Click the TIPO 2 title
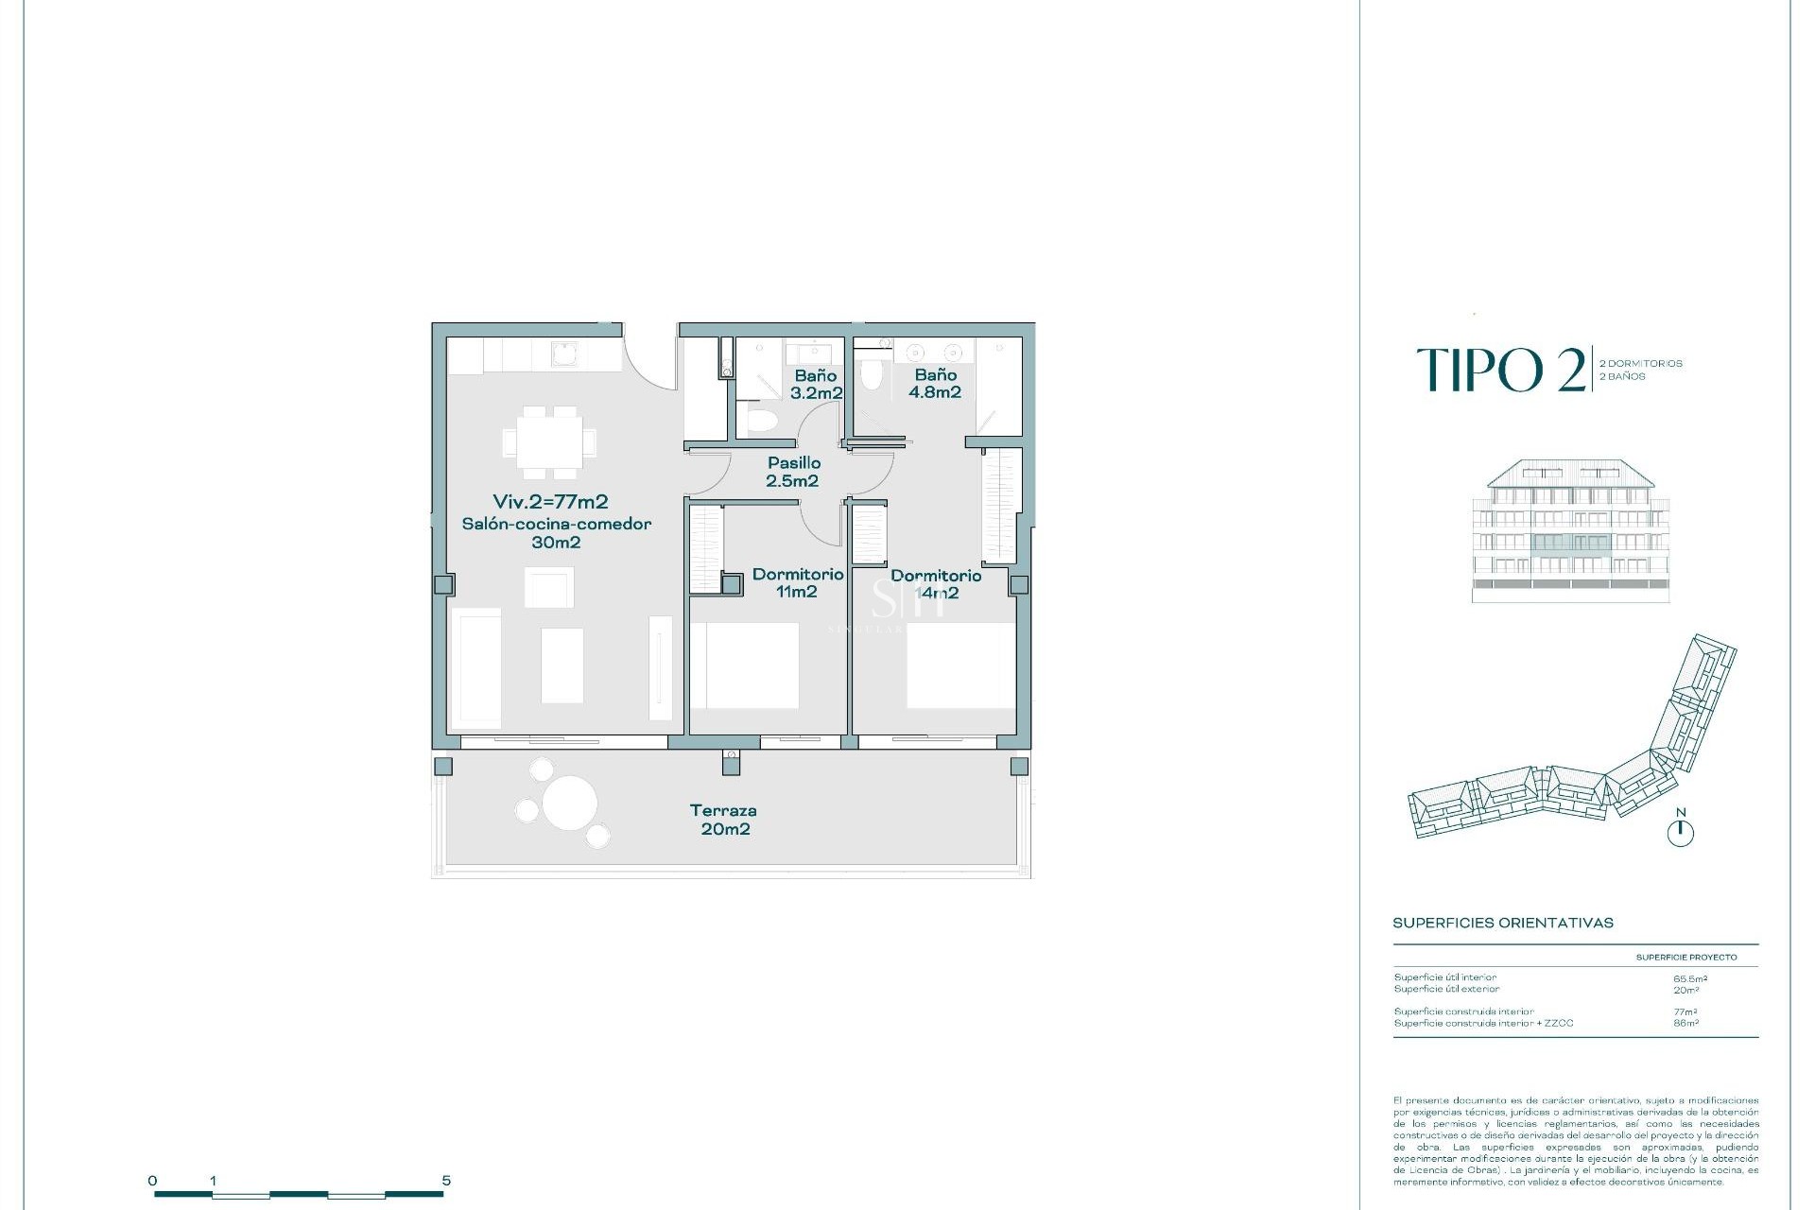(1501, 370)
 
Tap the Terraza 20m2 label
(724, 820)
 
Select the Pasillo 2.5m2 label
(793, 472)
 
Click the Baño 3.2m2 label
(816, 384)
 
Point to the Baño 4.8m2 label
(935, 383)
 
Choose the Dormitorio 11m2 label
(797, 582)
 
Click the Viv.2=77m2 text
(550, 502)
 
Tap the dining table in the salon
(549, 441)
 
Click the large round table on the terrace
(570, 803)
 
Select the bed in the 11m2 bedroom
(745, 665)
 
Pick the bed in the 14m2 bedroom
(960, 665)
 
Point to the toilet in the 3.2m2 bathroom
(761, 419)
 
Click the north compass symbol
(1680, 832)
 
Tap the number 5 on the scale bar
(446, 1181)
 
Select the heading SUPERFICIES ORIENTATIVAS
(1502, 923)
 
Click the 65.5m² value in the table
(1690, 979)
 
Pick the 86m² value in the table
(1685, 1023)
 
